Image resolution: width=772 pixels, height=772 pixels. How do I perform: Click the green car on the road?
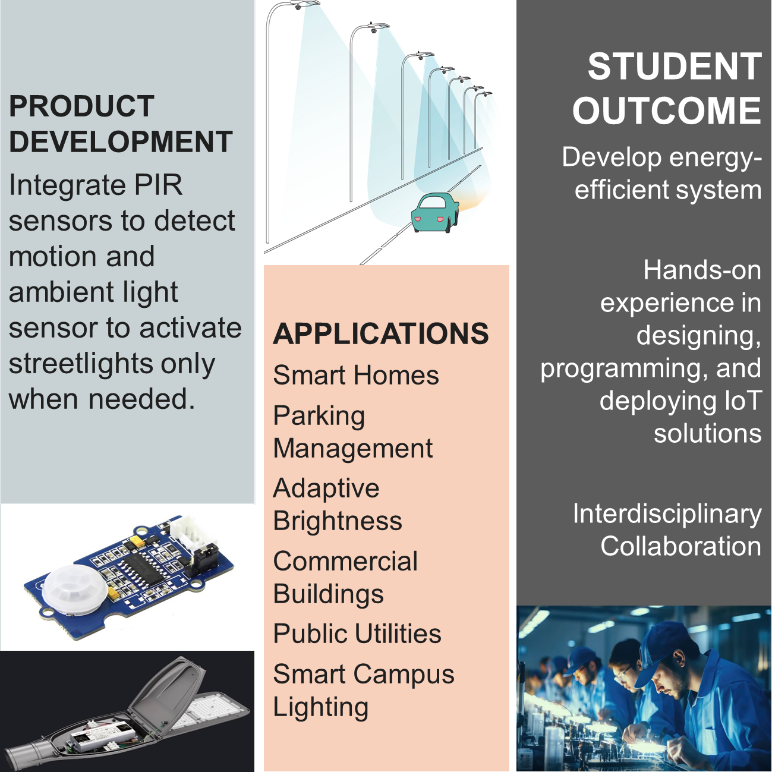[x=435, y=212]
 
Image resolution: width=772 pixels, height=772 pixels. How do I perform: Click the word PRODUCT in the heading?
[x=82, y=106]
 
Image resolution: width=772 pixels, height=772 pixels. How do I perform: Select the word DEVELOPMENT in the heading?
[x=121, y=141]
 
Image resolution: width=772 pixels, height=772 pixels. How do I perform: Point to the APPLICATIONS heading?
[x=380, y=333]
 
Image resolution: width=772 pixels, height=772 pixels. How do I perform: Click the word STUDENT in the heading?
[x=675, y=67]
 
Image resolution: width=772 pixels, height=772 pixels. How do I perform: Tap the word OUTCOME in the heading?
[x=667, y=110]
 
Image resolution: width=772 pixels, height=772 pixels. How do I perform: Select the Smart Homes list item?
[x=356, y=375]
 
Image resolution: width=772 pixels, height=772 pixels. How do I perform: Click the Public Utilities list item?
[x=357, y=634]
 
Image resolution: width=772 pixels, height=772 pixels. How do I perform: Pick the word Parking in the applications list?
[x=319, y=417]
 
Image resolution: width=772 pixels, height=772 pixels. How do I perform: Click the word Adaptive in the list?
[x=326, y=489]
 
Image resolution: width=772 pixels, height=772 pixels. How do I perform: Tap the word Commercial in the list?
[x=345, y=561]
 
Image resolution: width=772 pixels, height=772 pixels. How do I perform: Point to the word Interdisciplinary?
[x=667, y=515]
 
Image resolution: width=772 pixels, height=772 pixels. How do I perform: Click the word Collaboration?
[x=680, y=546]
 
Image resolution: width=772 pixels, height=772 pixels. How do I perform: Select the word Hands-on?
[x=702, y=270]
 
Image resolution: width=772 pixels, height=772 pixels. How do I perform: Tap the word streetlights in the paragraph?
[x=80, y=364]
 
